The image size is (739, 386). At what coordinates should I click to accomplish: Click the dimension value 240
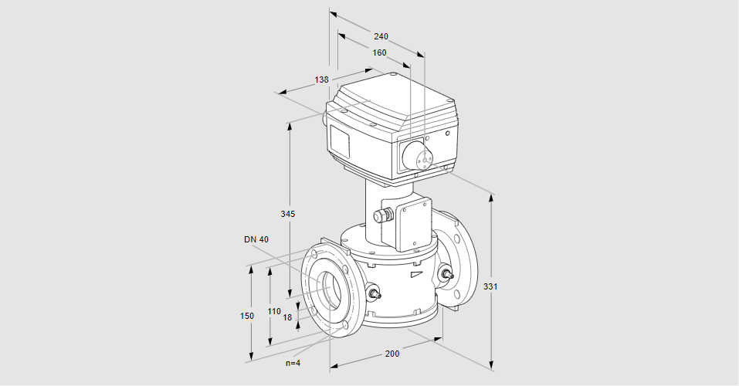click(381, 36)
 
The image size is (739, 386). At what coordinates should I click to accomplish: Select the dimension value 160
click(379, 52)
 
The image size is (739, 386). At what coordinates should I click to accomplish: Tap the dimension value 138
click(321, 80)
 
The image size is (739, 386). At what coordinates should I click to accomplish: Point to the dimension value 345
click(287, 213)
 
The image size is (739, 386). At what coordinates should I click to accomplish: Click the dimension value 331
click(490, 286)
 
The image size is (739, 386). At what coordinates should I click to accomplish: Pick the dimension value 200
click(392, 353)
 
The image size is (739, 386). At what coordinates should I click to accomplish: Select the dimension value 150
click(246, 316)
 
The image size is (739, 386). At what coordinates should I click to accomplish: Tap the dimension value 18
click(287, 317)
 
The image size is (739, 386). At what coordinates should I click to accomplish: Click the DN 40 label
click(256, 239)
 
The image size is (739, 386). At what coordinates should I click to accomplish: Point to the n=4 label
click(293, 363)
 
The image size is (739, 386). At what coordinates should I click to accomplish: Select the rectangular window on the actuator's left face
click(340, 142)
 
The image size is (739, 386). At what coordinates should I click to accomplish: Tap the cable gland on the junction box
click(382, 215)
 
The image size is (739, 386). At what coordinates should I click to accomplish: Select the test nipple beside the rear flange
click(446, 273)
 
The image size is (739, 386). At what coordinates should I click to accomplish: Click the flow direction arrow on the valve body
click(416, 273)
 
